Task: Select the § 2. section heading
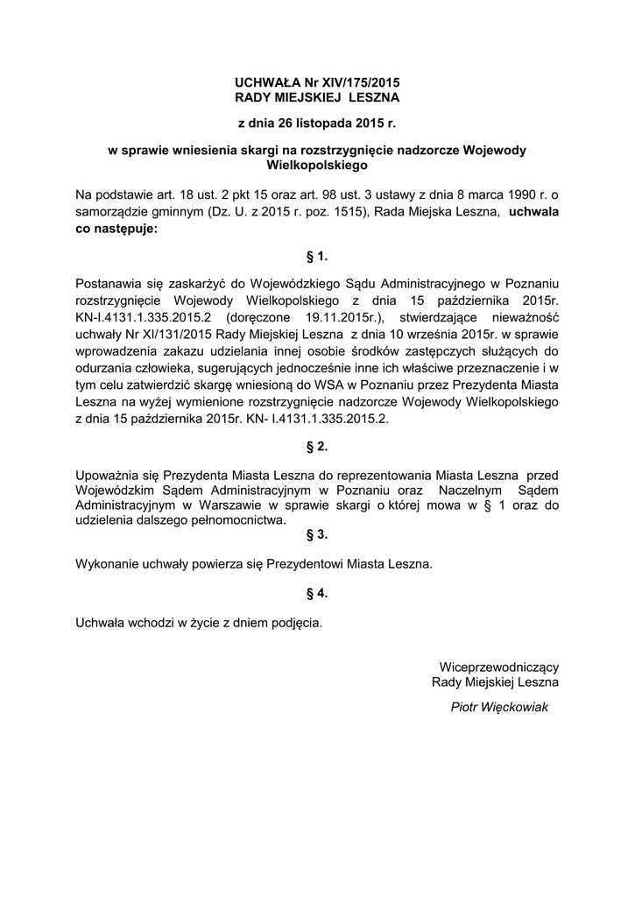click(x=316, y=447)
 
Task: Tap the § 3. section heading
click(x=316, y=534)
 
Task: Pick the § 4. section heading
click(x=316, y=593)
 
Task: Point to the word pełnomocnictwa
click(x=236, y=520)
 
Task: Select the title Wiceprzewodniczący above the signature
click(x=498, y=667)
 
